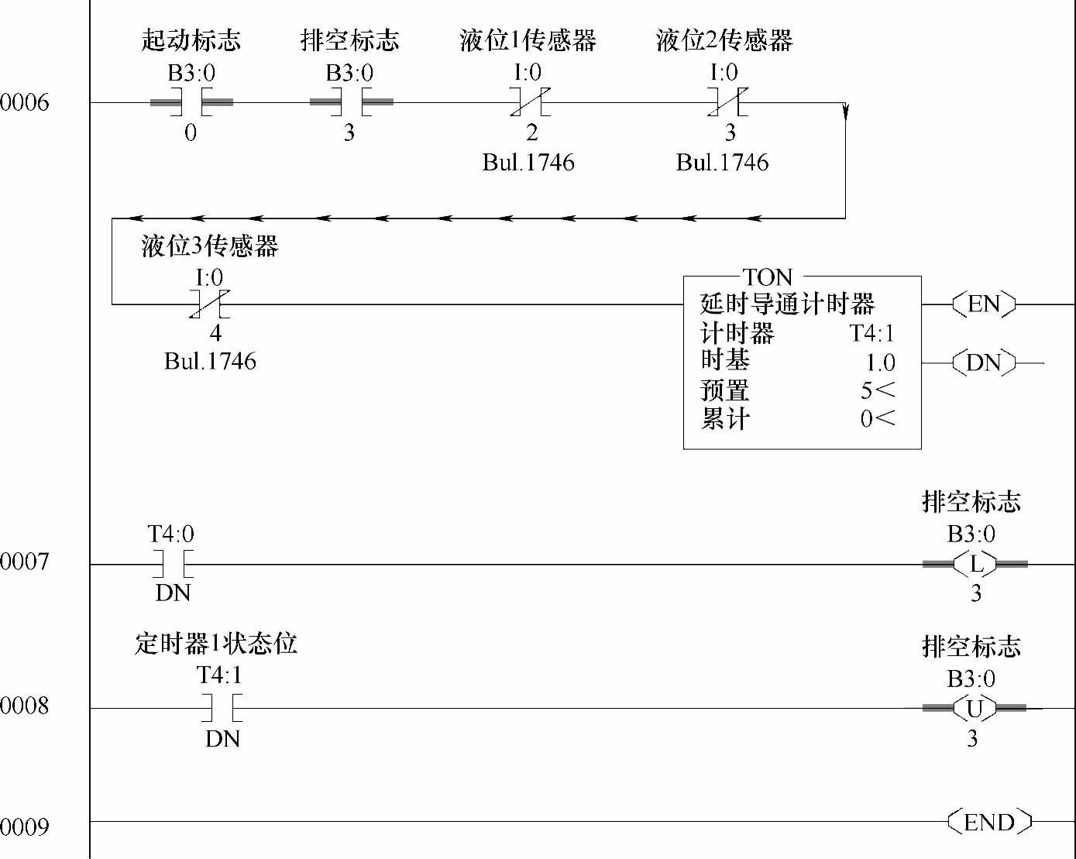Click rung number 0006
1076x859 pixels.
coord(25,102)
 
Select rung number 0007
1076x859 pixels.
coord(25,561)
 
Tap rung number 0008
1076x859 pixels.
coord(25,706)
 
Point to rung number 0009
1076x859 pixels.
coord(25,826)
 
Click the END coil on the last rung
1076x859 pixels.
coord(989,821)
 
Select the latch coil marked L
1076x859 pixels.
coord(975,564)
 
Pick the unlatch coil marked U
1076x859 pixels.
coord(974,708)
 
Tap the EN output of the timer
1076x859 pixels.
coord(984,304)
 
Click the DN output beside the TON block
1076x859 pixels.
coord(984,362)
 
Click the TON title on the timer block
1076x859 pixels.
coord(768,277)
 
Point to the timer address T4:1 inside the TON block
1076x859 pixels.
coord(871,333)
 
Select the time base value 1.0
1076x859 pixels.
coord(880,362)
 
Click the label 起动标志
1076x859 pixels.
coord(191,40)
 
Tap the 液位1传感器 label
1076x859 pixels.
coord(528,40)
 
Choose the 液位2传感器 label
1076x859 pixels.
coord(724,40)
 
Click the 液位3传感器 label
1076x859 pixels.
coord(209,246)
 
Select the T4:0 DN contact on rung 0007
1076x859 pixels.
coord(173,564)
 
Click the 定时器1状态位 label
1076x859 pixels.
coord(216,644)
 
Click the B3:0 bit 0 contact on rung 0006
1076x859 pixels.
coord(191,102)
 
